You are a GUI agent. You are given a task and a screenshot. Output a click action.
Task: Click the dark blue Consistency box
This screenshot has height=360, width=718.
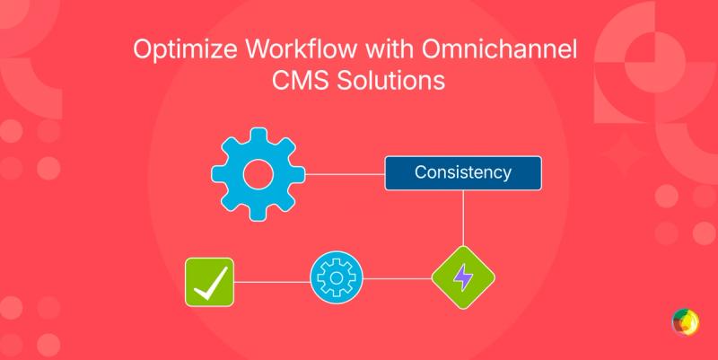point(463,172)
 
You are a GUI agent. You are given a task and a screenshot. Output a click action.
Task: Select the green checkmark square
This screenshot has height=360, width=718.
point(208,282)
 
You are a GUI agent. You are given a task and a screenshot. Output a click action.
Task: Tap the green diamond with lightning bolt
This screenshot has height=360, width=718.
point(463,278)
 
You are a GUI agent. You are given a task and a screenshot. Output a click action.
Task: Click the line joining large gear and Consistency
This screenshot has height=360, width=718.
point(346,171)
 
